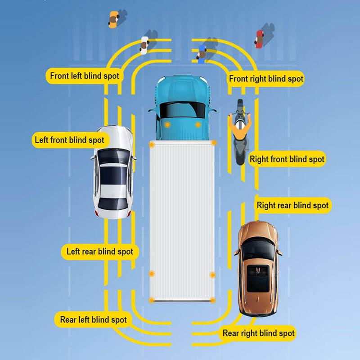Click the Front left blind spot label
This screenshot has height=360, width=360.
pyautogui.click(x=85, y=76)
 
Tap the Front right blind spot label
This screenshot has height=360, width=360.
pyautogui.click(x=266, y=79)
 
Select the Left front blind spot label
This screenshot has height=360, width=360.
pyautogui.click(x=69, y=140)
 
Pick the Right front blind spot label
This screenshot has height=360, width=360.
pyautogui.click(x=287, y=159)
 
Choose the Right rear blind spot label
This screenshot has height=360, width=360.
pyautogui.click(x=292, y=206)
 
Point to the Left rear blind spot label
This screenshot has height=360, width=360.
pyautogui.click(x=100, y=251)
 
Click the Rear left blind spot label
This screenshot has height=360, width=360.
pyautogui.click(x=93, y=320)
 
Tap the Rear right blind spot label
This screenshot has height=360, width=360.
pyautogui.click(x=259, y=333)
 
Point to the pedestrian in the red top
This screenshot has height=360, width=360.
pyautogui.click(x=259, y=39)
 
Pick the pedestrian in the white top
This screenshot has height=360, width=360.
pyautogui.click(x=144, y=45)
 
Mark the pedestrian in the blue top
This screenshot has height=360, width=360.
pyautogui.click(x=202, y=54)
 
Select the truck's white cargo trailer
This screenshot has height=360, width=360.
pyautogui.click(x=182, y=220)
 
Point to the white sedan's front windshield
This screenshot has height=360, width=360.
pyautogui.click(x=113, y=156)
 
